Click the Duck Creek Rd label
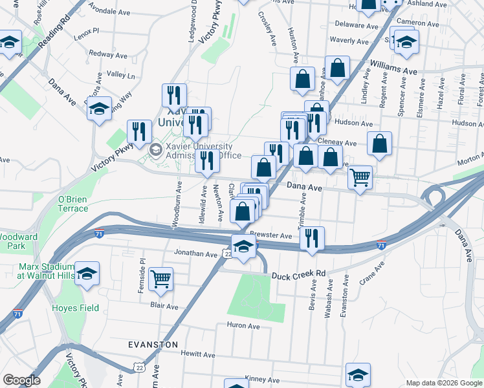click(298, 274)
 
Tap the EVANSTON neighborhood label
click(153, 345)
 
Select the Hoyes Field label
click(76, 308)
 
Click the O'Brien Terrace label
click(73, 204)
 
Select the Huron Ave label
click(243, 326)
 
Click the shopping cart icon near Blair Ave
click(160, 279)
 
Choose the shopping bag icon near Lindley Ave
click(380, 143)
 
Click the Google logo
click(21, 380)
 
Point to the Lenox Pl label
click(86, 30)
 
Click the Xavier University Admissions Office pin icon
click(156, 150)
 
